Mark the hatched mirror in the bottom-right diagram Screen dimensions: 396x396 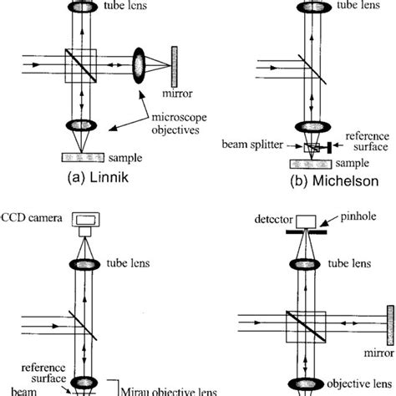(x=387, y=318)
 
